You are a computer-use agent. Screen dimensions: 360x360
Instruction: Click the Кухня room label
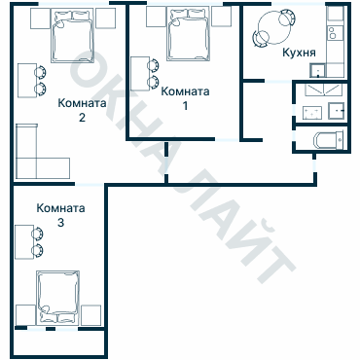click(299, 53)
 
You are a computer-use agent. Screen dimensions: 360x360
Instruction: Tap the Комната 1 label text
click(185, 98)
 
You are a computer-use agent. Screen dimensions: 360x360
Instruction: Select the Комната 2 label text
click(82, 110)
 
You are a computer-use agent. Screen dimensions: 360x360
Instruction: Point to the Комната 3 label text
click(60, 215)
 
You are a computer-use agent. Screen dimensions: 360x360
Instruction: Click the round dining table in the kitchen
click(274, 28)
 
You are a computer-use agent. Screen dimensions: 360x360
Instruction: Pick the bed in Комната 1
click(188, 34)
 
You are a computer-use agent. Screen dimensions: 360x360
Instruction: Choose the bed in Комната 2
click(72, 35)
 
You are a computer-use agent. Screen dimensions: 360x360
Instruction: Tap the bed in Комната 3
click(58, 297)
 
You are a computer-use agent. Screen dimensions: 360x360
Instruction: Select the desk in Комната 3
click(25, 241)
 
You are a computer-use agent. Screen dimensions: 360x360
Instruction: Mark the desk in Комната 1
click(140, 74)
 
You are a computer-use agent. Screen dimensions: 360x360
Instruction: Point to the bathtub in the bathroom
click(328, 140)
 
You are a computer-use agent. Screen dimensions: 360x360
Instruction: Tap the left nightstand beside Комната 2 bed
click(41, 18)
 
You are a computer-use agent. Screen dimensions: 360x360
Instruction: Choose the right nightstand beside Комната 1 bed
click(222, 17)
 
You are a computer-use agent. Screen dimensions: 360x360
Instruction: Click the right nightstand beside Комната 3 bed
click(90, 315)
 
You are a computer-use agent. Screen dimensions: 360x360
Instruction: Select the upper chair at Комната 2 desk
click(40, 72)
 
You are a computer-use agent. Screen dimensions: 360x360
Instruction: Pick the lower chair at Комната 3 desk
click(38, 250)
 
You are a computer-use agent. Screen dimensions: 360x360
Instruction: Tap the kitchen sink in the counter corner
click(317, 70)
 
